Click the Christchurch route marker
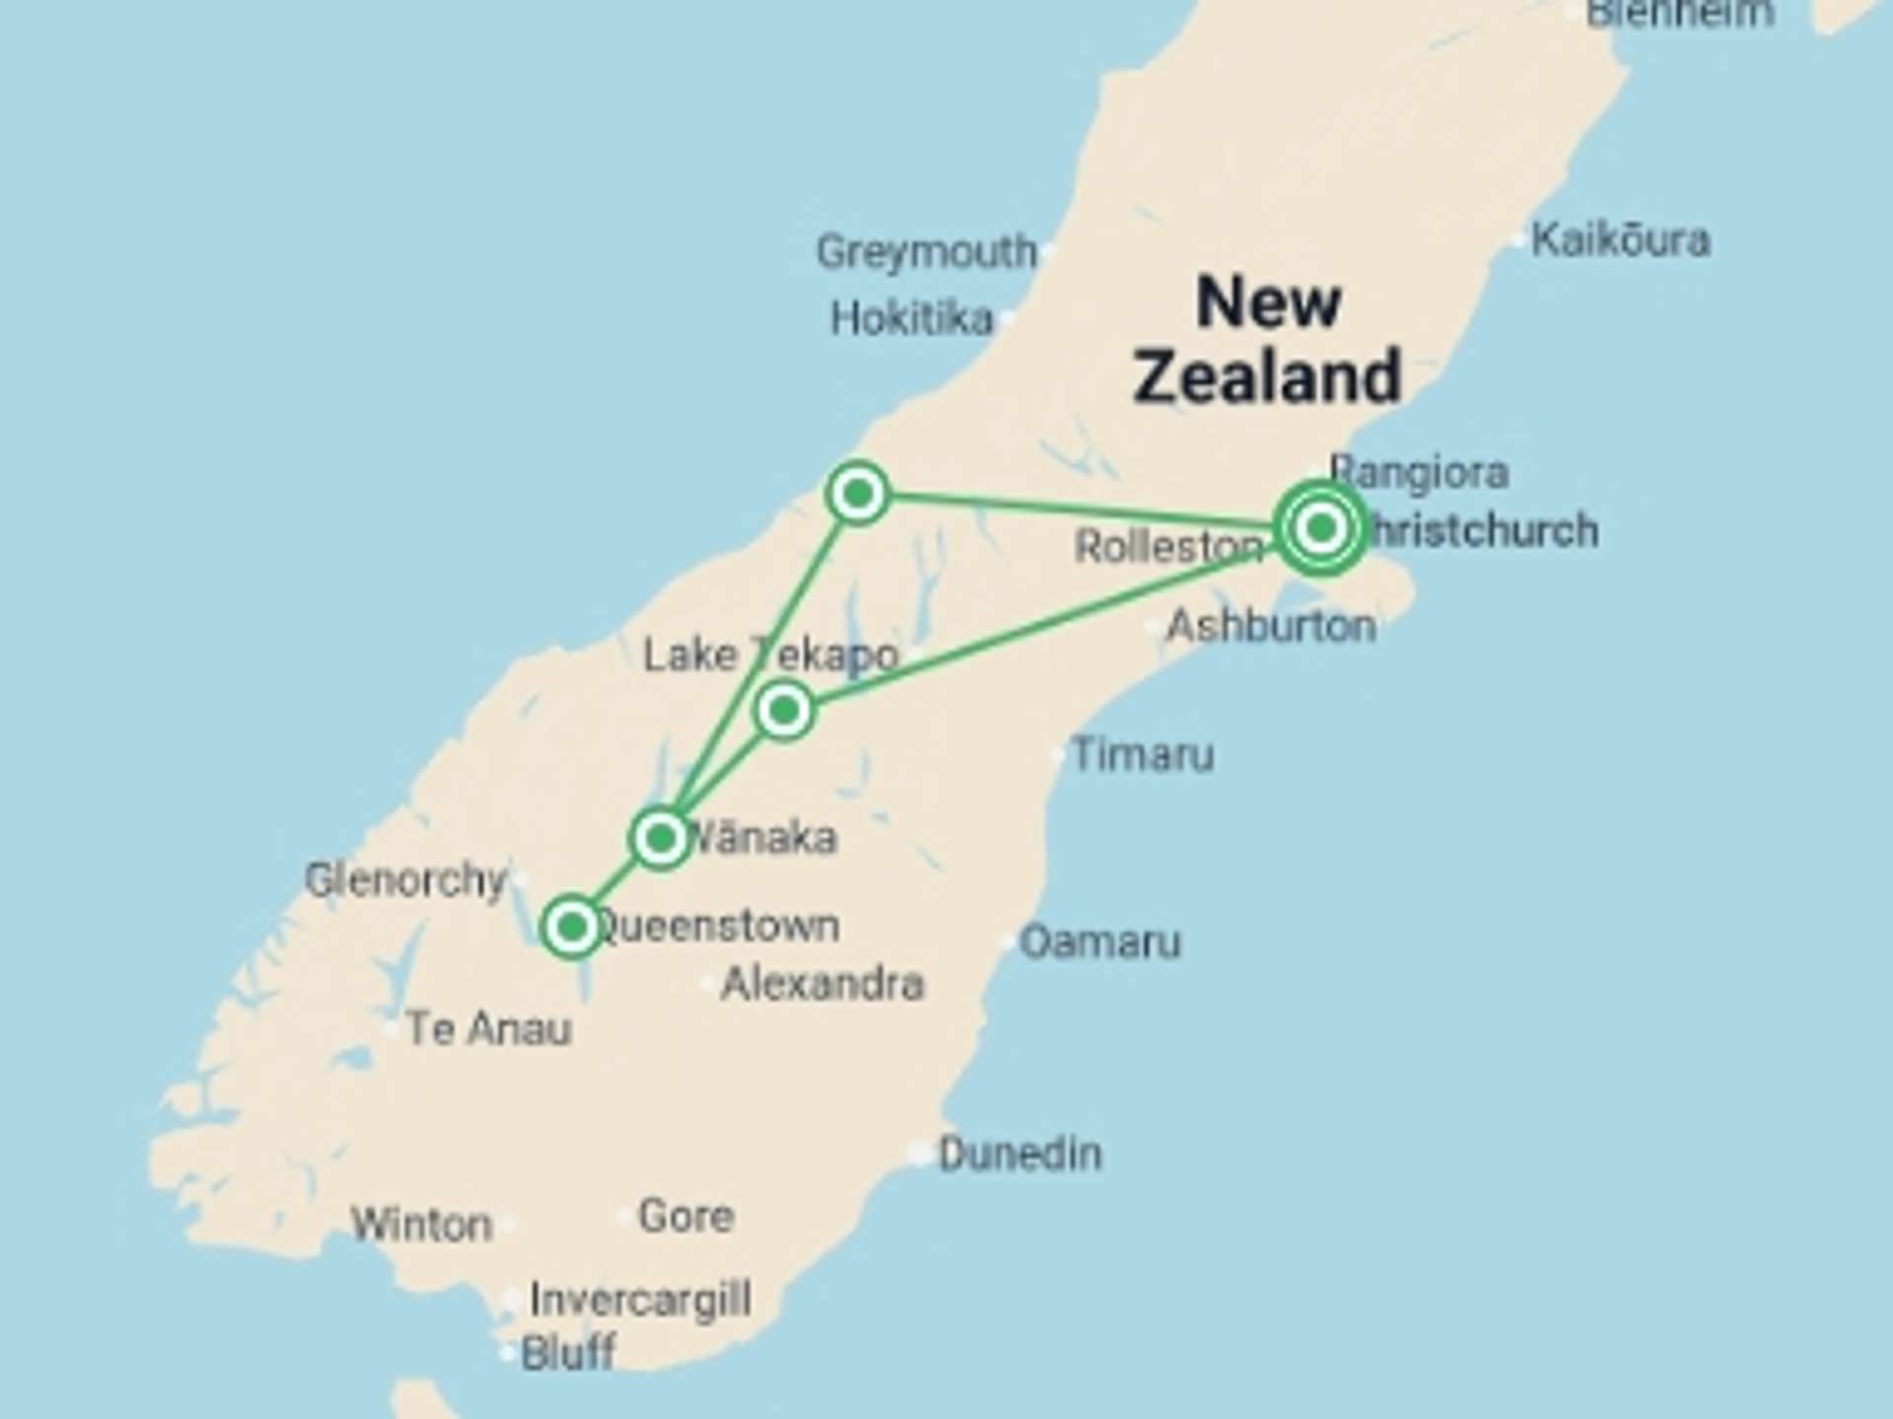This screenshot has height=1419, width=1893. click(x=1321, y=529)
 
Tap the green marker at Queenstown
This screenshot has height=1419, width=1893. click(x=572, y=926)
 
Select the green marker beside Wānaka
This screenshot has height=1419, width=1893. click(x=661, y=839)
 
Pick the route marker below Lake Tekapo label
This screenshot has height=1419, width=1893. click(x=785, y=709)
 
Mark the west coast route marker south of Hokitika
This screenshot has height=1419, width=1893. click(x=858, y=492)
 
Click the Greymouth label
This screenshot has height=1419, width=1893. click(x=926, y=252)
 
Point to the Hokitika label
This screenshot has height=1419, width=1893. click(x=911, y=319)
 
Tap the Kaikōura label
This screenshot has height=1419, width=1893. click(x=1620, y=240)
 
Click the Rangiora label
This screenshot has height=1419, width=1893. click(x=1419, y=472)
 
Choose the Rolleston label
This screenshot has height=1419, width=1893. click(x=1168, y=546)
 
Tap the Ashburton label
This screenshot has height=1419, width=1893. click(x=1271, y=626)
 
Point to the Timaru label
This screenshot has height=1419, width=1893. click(x=1143, y=755)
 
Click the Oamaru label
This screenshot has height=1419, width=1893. click(x=1099, y=942)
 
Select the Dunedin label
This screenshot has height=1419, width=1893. click(x=1019, y=1153)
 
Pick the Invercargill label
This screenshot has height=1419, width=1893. click(x=641, y=1299)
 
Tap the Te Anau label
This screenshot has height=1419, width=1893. click(x=488, y=1029)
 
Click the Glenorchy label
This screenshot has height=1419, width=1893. click(x=405, y=880)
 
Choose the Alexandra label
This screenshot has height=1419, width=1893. click(x=822, y=983)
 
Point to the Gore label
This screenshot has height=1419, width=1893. click(x=686, y=1216)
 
